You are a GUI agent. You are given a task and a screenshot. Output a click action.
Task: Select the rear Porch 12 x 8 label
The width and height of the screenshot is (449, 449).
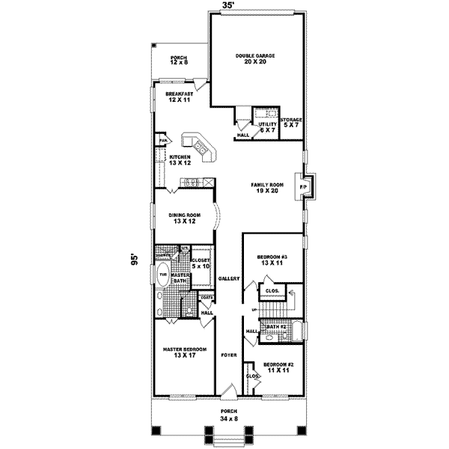tap(178, 61)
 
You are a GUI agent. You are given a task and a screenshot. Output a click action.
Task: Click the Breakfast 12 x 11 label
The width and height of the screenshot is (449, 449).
tap(179, 97)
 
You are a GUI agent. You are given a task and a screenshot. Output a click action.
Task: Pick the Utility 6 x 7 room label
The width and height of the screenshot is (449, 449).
tap(268, 127)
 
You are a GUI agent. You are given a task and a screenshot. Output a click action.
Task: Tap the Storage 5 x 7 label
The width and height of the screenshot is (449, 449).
tap(291, 122)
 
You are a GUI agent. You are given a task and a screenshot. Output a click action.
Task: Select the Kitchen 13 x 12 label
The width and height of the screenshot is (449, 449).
tap(180, 159)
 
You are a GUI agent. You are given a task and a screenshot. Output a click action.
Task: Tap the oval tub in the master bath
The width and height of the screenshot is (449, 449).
tap(162, 275)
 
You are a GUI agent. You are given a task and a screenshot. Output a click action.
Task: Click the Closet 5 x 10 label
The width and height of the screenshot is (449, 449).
tap(201, 263)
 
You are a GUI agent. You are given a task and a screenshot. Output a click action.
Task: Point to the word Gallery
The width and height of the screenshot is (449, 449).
tap(228, 278)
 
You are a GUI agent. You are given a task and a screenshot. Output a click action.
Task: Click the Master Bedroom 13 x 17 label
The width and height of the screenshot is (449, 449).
tap(183, 352)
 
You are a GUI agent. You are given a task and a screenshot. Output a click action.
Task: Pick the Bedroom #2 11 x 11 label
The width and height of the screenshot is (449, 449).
tap(278, 367)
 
